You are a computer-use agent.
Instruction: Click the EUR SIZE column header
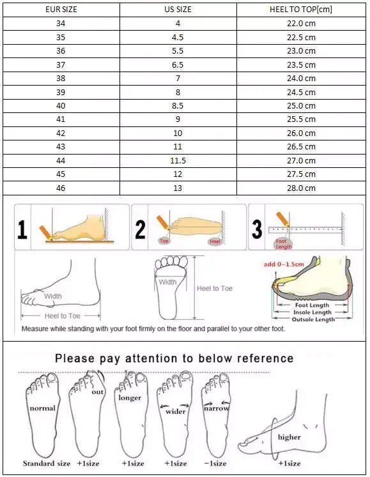[61, 10]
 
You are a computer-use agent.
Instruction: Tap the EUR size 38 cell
[61, 79]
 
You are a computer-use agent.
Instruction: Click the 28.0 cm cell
[301, 188]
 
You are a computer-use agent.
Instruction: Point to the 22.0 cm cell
[301, 23]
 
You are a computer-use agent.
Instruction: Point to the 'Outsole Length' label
[313, 319]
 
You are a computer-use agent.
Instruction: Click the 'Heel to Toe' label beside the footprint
[215, 289]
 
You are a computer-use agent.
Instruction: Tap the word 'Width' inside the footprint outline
[168, 282]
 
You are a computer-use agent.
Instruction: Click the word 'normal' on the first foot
[42, 407]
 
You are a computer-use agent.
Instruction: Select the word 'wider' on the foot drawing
[176, 411]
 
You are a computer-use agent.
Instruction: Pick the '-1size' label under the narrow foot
[215, 463]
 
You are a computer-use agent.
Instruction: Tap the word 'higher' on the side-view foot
[289, 437]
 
